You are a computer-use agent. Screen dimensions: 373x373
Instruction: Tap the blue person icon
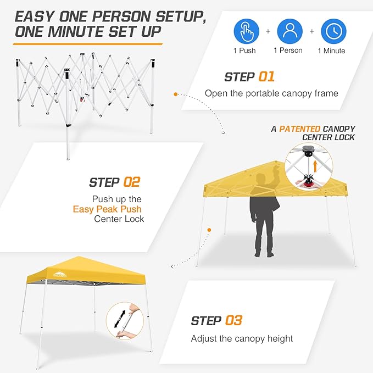pos(290,31)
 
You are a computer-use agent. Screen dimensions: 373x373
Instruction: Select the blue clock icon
pos(333,31)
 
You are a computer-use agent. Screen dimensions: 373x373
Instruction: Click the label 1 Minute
pos(331,51)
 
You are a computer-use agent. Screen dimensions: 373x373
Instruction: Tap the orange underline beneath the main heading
pos(88,42)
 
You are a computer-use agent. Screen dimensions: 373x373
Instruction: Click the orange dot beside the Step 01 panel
pos(176,94)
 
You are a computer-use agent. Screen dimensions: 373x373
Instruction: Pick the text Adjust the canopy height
pos(242,338)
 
